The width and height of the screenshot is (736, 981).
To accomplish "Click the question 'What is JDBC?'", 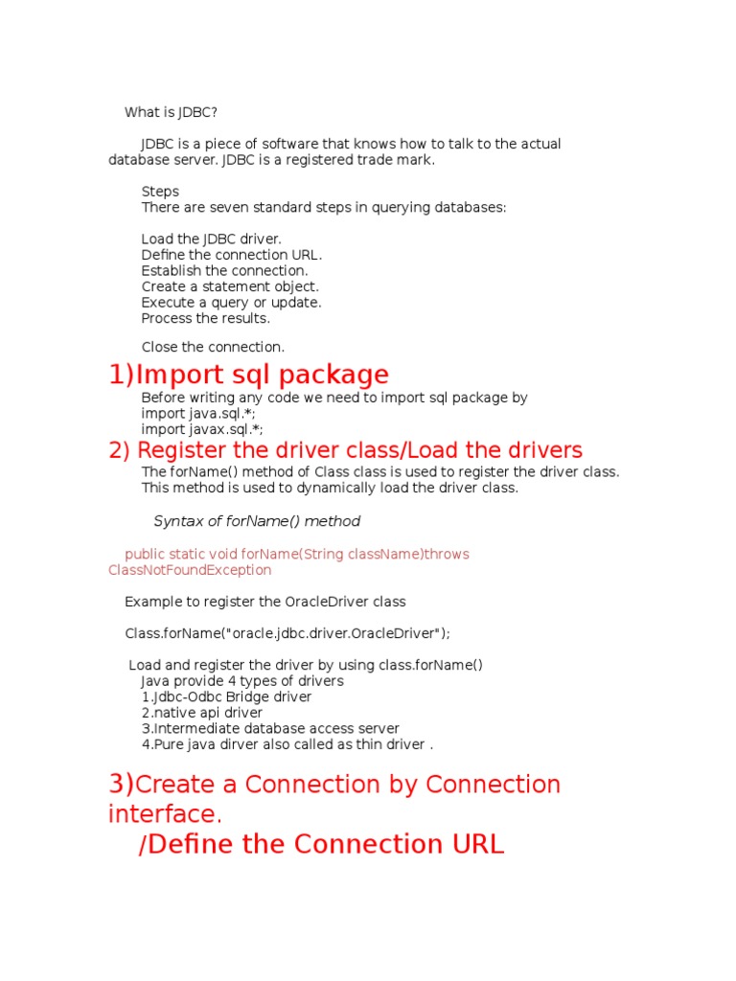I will click(x=177, y=112).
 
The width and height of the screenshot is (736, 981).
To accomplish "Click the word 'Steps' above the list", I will click(x=160, y=192).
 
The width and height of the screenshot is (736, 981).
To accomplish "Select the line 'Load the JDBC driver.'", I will click(x=212, y=240).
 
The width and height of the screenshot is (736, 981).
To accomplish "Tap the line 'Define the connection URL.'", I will click(x=232, y=255).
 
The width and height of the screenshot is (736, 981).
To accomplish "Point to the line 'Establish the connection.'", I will click(x=224, y=271).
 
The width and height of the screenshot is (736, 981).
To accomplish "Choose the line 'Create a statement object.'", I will click(x=230, y=286).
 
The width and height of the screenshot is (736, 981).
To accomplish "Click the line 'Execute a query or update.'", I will click(x=231, y=303).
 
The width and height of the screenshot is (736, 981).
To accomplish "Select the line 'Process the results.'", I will click(x=206, y=318).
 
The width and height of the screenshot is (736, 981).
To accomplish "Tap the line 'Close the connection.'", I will click(x=213, y=347).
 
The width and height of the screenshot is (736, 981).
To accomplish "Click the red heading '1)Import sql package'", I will click(x=249, y=375).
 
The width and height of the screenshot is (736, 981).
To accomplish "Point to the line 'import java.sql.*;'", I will click(x=198, y=414).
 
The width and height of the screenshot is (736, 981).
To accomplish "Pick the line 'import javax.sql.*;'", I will click(x=202, y=430).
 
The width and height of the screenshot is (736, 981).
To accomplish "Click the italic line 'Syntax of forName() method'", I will click(x=257, y=521).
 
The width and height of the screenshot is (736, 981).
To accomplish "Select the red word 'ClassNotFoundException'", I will click(x=190, y=570).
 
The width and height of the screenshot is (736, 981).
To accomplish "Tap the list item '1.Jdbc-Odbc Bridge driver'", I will click(x=226, y=697).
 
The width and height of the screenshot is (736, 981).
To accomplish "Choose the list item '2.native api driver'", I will click(x=202, y=713).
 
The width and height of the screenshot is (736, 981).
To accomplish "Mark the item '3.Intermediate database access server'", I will click(x=270, y=729).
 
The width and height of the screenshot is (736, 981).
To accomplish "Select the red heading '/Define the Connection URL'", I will click(x=321, y=844).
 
